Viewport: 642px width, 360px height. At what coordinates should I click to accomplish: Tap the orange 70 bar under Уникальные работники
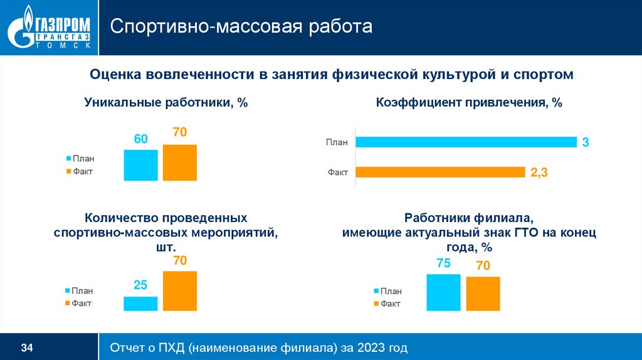point(180,162)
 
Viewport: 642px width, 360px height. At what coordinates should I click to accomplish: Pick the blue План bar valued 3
point(466,142)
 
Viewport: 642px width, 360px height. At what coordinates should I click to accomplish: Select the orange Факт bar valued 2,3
point(440,172)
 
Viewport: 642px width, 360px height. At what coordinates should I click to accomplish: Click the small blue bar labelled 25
point(140,304)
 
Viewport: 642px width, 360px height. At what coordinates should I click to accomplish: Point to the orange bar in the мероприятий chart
point(180,291)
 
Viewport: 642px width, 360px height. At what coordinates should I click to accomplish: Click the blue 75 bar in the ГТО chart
point(443,292)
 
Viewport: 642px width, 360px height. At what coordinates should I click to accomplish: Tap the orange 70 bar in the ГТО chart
point(483,294)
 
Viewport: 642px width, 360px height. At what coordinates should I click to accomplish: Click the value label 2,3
point(539,174)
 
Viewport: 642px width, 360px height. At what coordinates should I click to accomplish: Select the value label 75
point(443,264)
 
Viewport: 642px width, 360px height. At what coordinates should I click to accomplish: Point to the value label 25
point(140,286)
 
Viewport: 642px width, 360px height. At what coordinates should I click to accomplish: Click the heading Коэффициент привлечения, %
point(469,103)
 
